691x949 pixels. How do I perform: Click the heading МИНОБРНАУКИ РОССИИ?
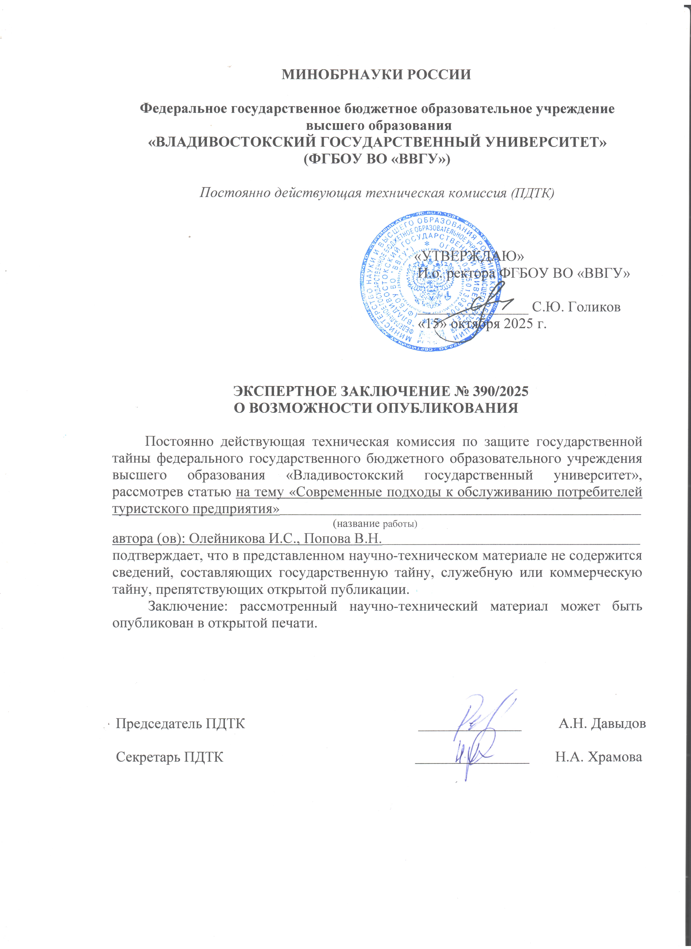coord(376,75)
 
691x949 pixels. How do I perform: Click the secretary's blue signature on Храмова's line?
coord(475,753)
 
